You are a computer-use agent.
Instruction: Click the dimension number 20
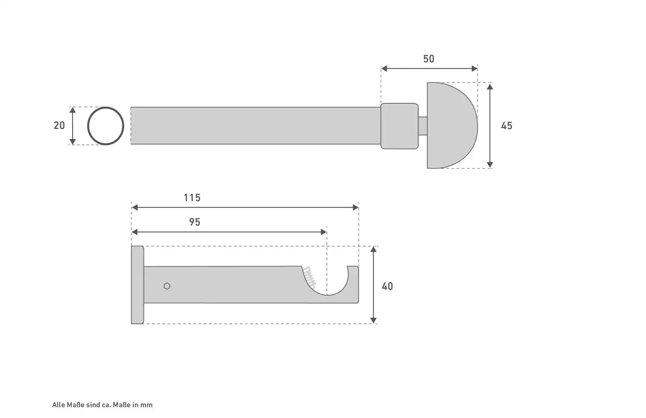click(59, 126)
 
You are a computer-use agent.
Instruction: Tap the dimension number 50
click(429, 59)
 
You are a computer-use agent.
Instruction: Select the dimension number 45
click(507, 126)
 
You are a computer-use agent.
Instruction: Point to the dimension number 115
click(192, 198)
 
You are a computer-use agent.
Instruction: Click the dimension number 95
click(194, 222)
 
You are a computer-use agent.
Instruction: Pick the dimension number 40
click(387, 287)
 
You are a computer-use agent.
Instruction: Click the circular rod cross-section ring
click(88, 126)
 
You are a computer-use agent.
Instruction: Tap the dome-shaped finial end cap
click(451, 126)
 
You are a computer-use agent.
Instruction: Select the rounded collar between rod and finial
click(399, 126)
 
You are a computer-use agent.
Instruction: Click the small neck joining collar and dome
click(423, 126)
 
